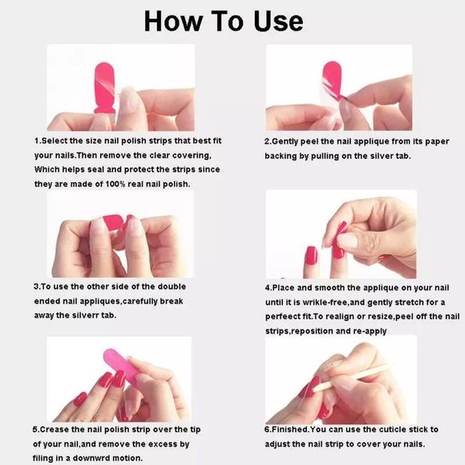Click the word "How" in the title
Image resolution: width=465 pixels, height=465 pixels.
pyautogui.click(x=173, y=22)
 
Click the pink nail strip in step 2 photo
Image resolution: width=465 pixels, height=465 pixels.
pyautogui.click(x=332, y=80)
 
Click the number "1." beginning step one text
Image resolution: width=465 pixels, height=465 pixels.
pyautogui.click(x=38, y=141)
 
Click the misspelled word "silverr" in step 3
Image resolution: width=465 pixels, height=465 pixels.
pyautogui.click(x=86, y=315)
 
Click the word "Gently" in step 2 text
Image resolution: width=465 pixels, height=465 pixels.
pyautogui.click(x=285, y=142)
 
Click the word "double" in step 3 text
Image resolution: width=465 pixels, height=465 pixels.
pyautogui.click(x=172, y=287)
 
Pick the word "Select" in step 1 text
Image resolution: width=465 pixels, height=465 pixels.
pyautogui.click(x=55, y=141)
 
